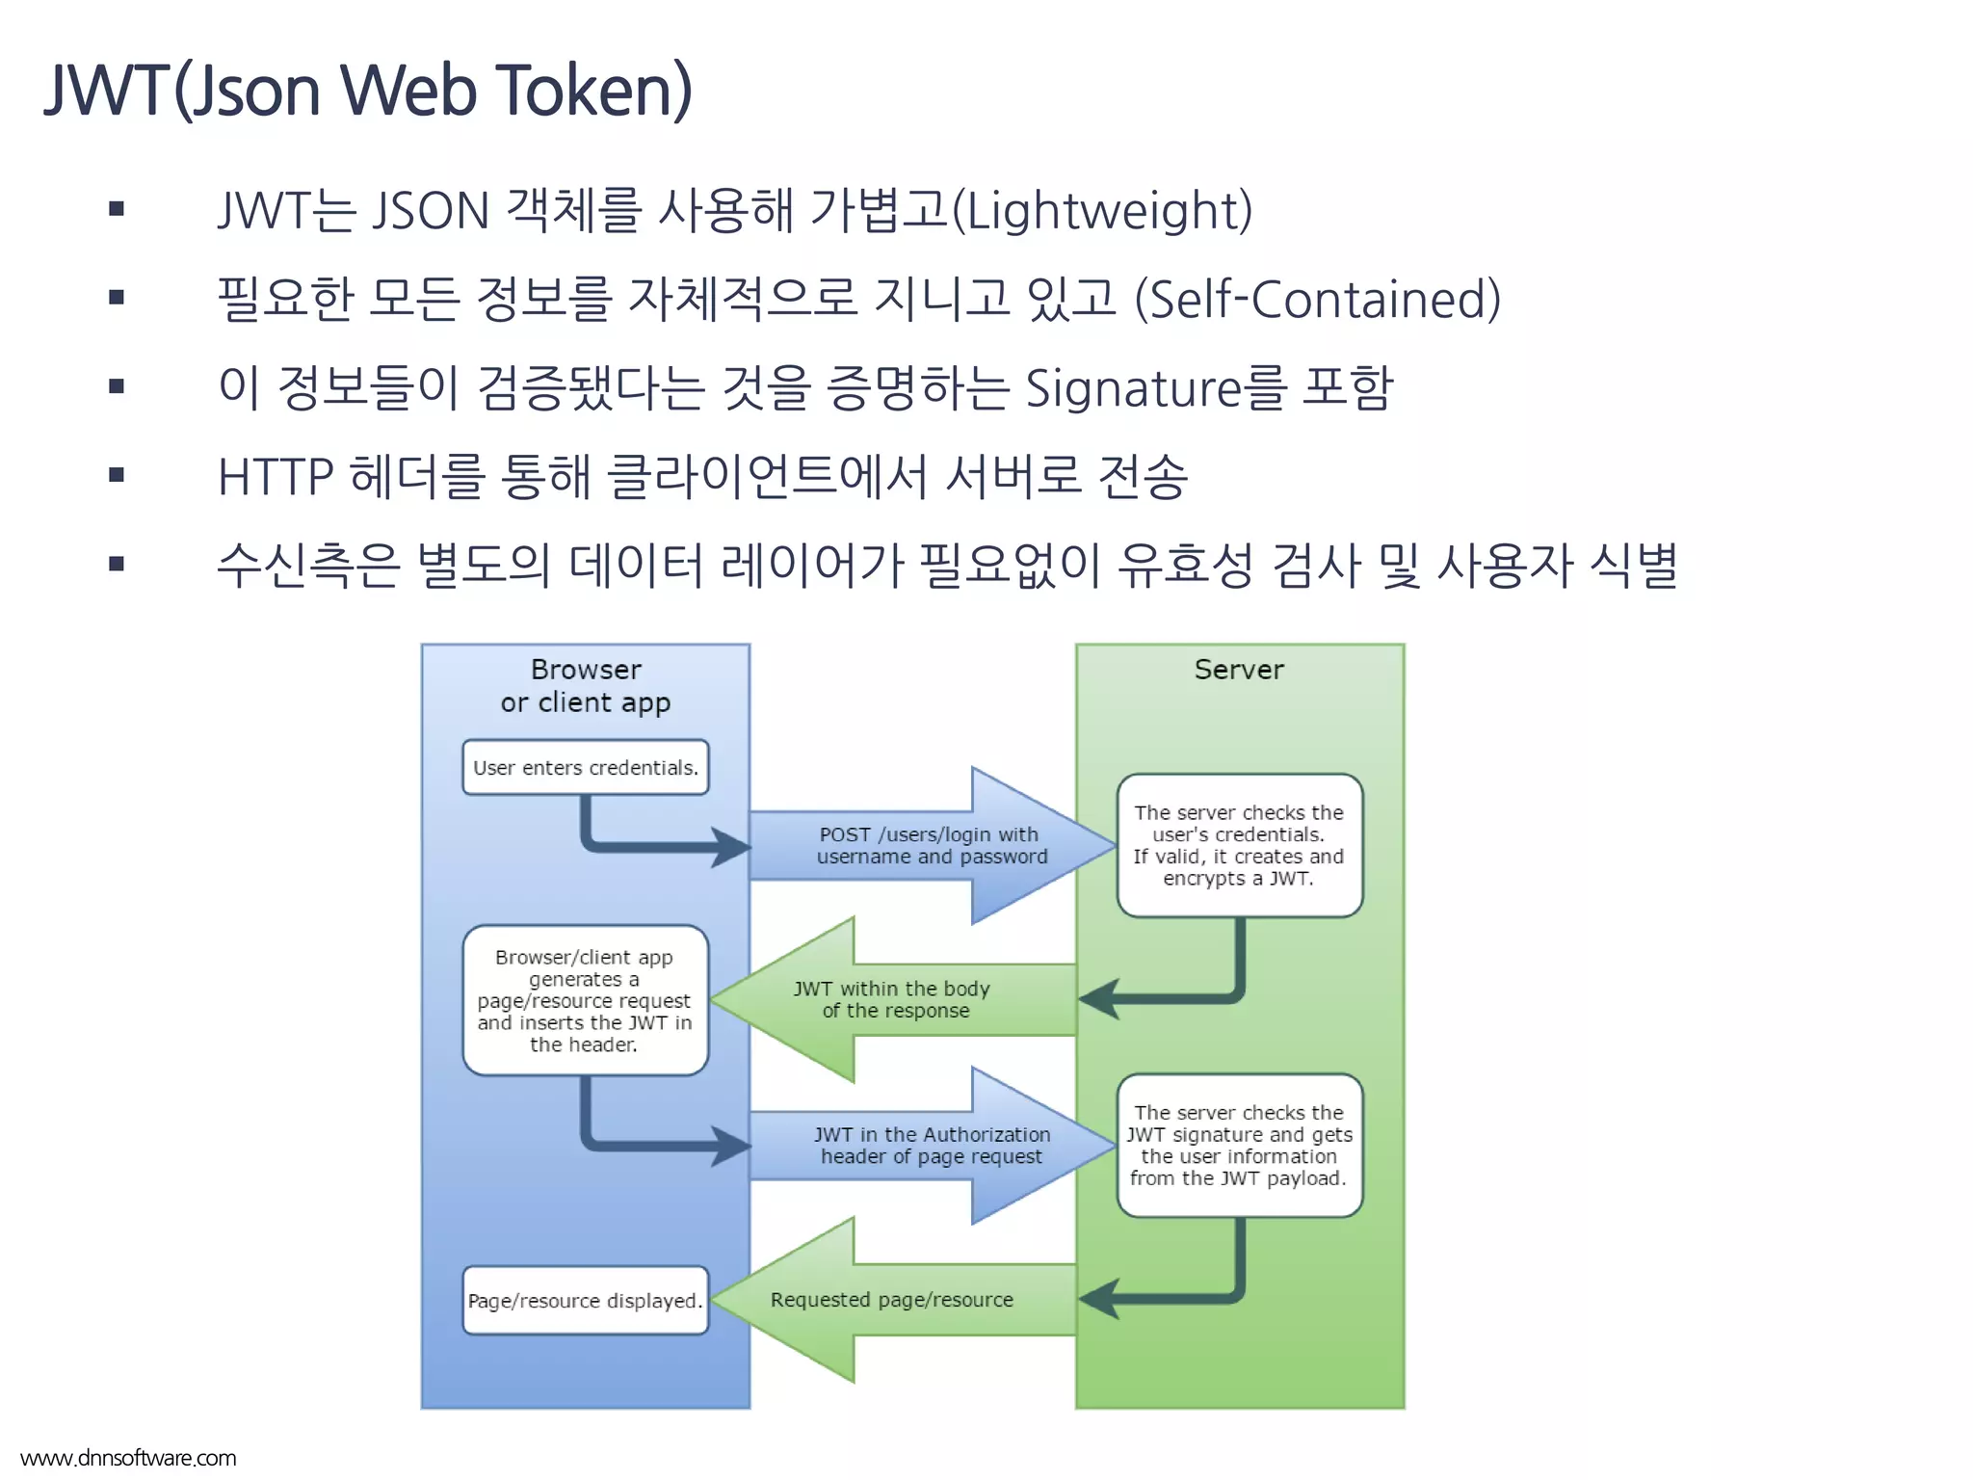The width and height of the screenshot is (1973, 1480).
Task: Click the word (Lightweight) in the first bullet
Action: (1102, 210)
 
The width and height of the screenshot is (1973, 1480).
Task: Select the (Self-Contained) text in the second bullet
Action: (1317, 299)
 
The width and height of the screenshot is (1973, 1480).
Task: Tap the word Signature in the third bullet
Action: (1133, 387)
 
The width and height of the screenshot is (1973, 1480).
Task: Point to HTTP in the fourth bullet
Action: (276, 477)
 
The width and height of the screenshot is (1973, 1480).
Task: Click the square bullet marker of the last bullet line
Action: (117, 564)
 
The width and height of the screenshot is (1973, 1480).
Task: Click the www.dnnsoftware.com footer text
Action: (128, 1458)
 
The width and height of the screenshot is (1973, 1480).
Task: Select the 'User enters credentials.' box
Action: (585, 768)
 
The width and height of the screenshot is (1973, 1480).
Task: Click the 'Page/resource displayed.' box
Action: (585, 1300)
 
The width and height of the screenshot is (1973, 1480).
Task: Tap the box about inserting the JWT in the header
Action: (585, 1000)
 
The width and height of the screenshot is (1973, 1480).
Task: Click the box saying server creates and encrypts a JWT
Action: (1239, 845)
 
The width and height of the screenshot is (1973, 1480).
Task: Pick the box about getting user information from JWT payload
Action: (1239, 1145)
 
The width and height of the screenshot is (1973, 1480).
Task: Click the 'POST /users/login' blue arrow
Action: (932, 845)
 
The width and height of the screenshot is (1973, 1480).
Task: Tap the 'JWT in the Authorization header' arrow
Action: (932, 1145)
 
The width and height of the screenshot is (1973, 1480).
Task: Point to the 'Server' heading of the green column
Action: (1239, 669)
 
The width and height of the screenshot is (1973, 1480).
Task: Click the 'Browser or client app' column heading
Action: (585, 685)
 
